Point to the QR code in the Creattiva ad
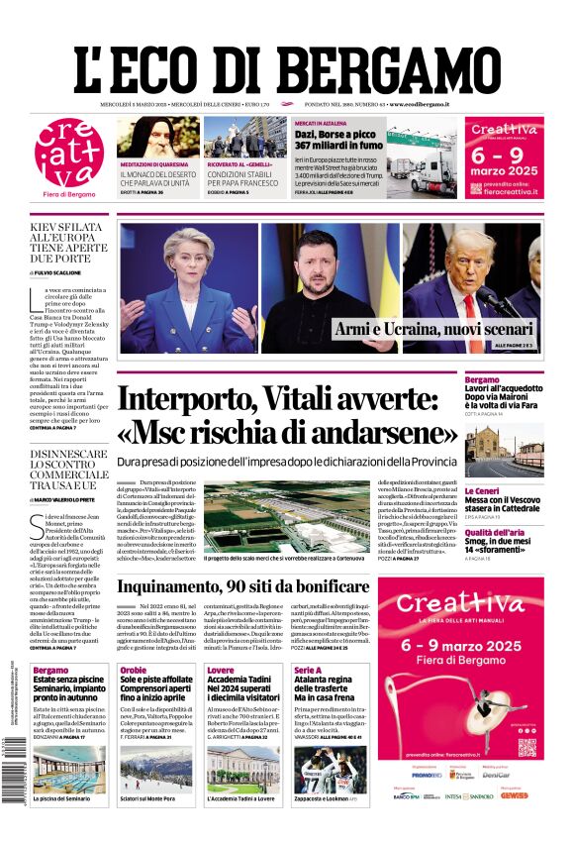[x=526, y=746]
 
